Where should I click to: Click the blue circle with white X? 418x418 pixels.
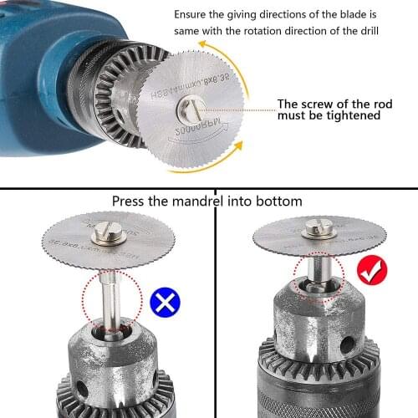(167, 301)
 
